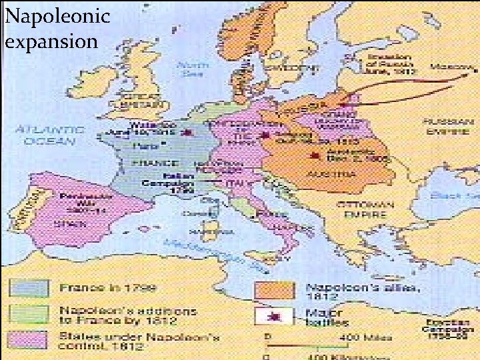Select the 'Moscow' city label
449,67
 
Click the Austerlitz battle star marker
312,157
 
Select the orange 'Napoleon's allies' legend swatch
274,289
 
